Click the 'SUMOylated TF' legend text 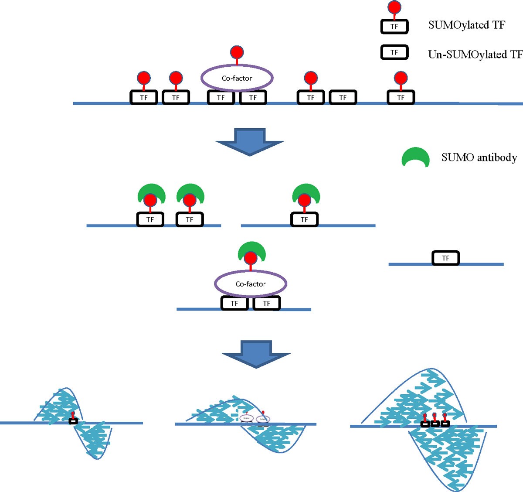point(466,25)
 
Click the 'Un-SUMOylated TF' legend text point(475,55)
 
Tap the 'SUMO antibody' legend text point(479,157)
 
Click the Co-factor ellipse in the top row point(237,78)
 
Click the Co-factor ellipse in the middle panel point(251,284)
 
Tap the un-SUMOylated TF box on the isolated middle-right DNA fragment point(445,258)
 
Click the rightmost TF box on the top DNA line point(401,97)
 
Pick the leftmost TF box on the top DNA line point(144,97)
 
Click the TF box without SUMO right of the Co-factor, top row point(343,97)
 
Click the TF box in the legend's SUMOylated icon point(394,27)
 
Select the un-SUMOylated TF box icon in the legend point(394,52)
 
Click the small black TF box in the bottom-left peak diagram point(73,421)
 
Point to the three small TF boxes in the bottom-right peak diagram point(435,424)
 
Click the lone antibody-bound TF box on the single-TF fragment point(304,219)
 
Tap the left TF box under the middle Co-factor point(234,303)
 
